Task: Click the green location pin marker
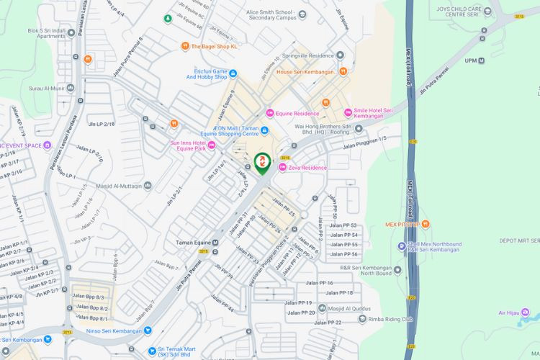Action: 263,163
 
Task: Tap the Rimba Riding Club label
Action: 390,319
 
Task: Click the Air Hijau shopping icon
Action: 526,312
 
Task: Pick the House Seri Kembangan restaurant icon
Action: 343,71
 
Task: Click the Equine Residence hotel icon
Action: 270,112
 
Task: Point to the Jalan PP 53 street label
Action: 343,225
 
